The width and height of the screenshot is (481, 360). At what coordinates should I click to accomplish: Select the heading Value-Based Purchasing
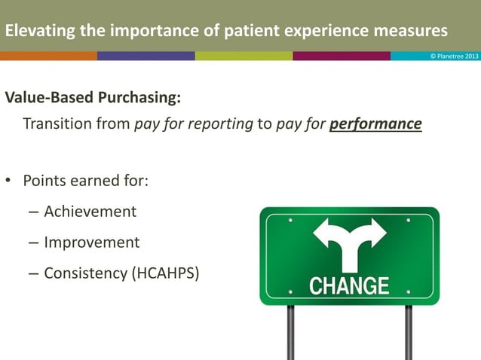tap(93, 99)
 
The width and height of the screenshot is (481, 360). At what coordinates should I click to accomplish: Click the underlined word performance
tap(375, 124)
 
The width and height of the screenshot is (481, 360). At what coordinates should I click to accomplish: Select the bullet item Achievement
tap(90, 212)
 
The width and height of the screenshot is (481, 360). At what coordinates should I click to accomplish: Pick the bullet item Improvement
tap(91, 242)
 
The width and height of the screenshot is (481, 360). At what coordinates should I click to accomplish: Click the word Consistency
tap(85, 273)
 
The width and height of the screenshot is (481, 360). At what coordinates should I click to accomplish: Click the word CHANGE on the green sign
tap(349, 286)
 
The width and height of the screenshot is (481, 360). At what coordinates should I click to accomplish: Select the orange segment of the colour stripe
tap(48, 56)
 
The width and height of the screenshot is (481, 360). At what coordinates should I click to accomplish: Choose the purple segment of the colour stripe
tap(146, 56)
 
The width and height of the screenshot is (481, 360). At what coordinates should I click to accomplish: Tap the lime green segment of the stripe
tap(244, 56)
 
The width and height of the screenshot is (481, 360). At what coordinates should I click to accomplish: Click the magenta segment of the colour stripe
tap(342, 56)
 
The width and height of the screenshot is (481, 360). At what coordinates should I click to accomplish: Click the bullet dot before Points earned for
tap(8, 182)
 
